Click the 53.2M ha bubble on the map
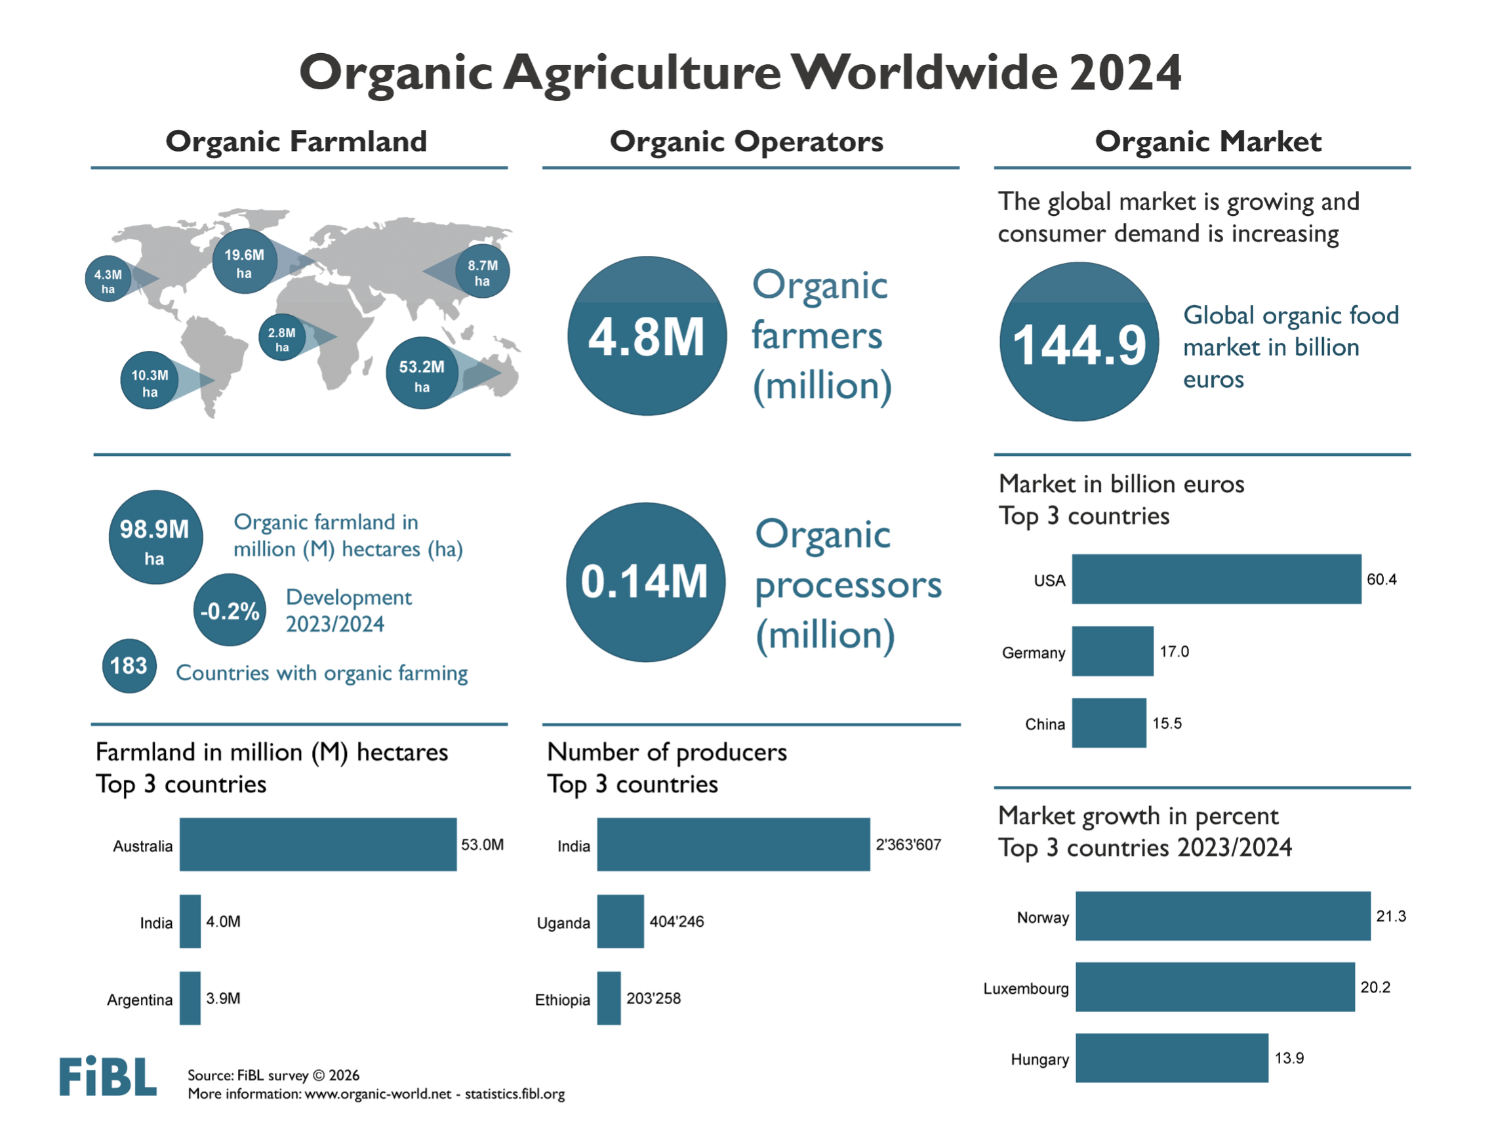[422, 373]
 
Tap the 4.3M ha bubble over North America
[108, 279]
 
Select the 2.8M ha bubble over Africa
[281, 338]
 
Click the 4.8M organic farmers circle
[647, 336]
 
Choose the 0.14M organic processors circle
[645, 582]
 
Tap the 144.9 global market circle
[1079, 342]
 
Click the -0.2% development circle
[230, 611]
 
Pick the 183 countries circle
[129, 666]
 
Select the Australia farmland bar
[317, 844]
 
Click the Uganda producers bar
[620, 921]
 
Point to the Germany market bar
[1112, 651]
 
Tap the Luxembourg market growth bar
[1215, 987]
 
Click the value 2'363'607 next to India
[908, 845]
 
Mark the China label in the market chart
[1045, 724]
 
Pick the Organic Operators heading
[746, 142]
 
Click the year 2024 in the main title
[1125, 73]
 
